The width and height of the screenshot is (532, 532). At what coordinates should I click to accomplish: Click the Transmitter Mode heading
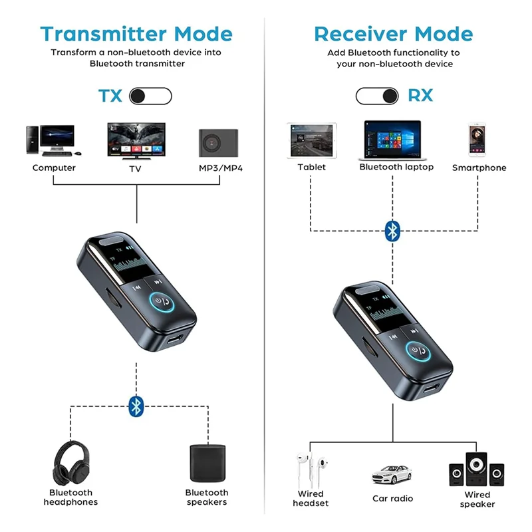(x=136, y=34)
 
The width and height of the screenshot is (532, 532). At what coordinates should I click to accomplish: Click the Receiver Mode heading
(x=393, y=34)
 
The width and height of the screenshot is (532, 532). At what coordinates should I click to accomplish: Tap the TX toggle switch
(x=150, y=96)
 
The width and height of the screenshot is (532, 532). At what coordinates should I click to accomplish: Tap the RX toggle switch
(x=377, y=96)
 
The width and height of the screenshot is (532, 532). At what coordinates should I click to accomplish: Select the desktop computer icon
(x=50, y=141)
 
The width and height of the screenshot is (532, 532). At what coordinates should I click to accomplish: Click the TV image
(x=137, y=140)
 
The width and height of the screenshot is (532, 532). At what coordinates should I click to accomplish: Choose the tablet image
(x=312, y=140)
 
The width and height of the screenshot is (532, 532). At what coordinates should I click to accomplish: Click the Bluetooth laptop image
(x=393, y=140)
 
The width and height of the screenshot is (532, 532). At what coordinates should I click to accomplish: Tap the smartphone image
(x=479, y=140)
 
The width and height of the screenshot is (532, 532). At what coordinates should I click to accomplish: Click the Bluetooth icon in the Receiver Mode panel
(x=393, y=231)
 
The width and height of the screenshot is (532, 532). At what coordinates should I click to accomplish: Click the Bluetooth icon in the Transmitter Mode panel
(x=136, y=406)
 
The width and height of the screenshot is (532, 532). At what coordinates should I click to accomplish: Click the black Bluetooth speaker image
(x=205, y=464)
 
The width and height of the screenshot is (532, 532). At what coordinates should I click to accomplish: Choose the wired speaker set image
(x=476, y=469)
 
